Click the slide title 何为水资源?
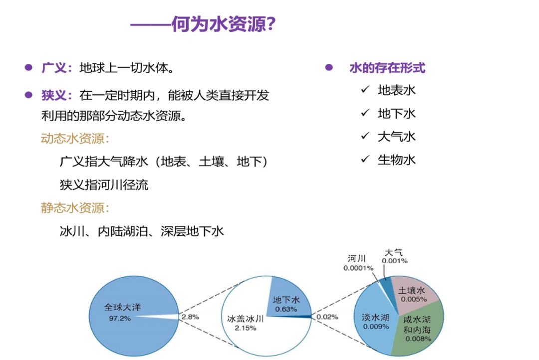point(224,24)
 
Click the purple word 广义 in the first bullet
point(54,68)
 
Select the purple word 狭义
point(54,95)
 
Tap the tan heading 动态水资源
point(72,139)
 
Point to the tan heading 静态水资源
point(72,208)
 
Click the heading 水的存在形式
point(387,68)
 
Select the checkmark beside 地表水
point(365,90)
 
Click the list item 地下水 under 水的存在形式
point(397,113)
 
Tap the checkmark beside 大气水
point(365,136)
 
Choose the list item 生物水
point(397,160)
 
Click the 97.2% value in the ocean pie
point(120,319)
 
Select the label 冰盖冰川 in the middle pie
point(246,319)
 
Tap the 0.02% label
point(327,317)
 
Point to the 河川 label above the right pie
point(356,258)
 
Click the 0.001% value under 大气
point(395,261)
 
